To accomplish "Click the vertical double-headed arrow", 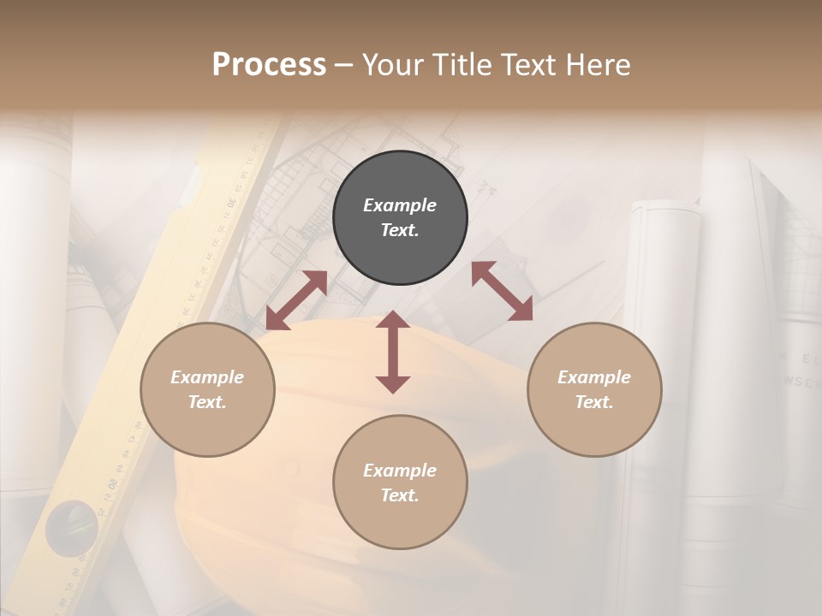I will click(x=393, y=352).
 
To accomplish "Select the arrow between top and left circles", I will click(x=296, y=300).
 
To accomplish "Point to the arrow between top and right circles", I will click(x=503, y=291).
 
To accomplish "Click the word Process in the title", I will click(x=269, y=64).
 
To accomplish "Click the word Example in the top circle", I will click(x=400, y=205).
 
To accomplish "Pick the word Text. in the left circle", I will click(x=207, y=402).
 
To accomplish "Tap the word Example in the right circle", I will click(x=594, y=377).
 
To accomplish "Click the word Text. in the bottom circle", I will click(x=400, y=495).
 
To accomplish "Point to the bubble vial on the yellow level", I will click(x=71, y=521).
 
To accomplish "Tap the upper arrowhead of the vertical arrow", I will click(x=393, y=320).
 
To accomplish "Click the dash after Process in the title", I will click(x=344, y=64).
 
